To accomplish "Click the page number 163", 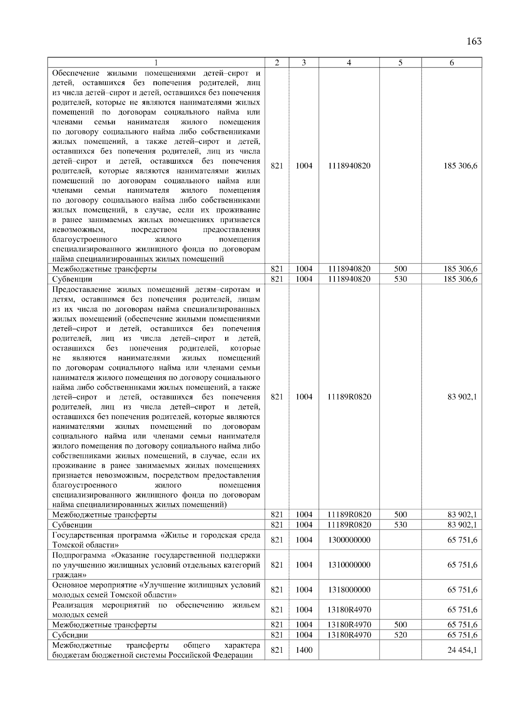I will (x=474, y=41).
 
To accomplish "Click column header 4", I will (x=349, y=63).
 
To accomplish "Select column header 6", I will (x=451, y=63).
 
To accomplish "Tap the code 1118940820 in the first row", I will (x=349, y=166).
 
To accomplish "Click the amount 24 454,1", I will (x=462, y=650).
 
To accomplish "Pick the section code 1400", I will (x=304, y=650).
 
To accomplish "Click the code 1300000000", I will (x=349, y=540).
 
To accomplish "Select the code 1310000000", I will (x=349, y=565).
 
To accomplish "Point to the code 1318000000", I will (x=349, y=589).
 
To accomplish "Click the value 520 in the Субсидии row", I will (x=400, y=635).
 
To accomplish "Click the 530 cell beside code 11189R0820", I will (x=400, y=525).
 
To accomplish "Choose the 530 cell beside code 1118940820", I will (x=400, y=279).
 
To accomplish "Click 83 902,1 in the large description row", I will (x=462, y=396).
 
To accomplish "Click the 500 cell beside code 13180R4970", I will (x=400, y=624).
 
